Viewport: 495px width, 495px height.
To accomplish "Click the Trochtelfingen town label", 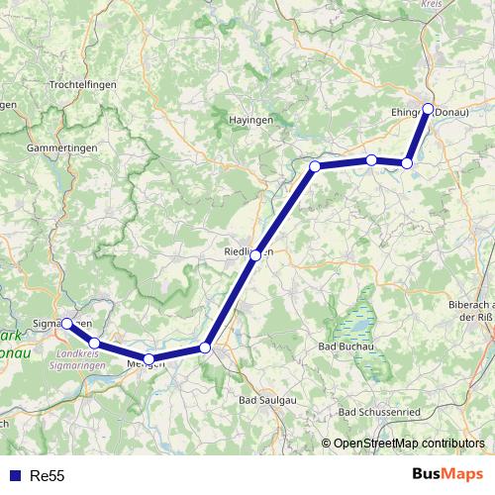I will [83, 85].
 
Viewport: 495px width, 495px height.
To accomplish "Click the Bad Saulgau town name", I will [267, 399].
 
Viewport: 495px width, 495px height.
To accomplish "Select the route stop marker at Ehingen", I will [429, 110].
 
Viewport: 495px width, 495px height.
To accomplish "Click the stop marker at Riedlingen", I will [255, 255].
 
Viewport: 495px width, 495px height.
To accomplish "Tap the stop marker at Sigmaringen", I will [66, 324].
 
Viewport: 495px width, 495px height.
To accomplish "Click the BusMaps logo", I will [446, 475].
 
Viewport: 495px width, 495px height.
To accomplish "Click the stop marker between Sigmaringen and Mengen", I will [94, 343].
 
